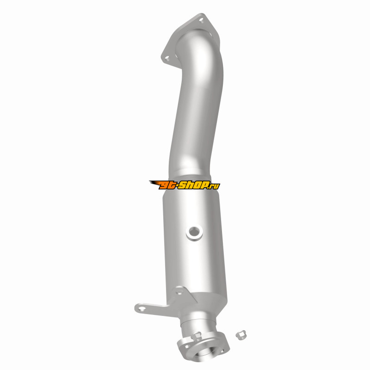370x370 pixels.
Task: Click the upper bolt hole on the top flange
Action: pos(201,20)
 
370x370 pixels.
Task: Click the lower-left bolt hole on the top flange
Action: pos(167,58)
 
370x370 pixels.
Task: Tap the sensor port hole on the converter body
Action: pos(194,232)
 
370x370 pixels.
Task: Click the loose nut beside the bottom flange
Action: pos(241,334)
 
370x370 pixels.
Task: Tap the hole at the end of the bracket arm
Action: pos(142,308)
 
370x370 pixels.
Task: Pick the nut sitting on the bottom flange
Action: pos(197,335)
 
